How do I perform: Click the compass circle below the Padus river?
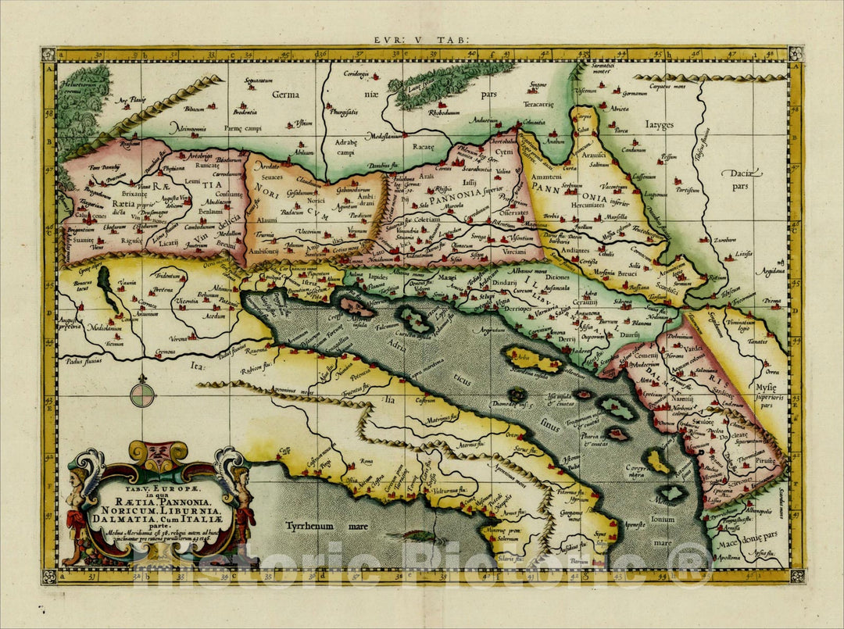[141, 392]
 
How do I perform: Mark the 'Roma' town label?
[366, 463]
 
